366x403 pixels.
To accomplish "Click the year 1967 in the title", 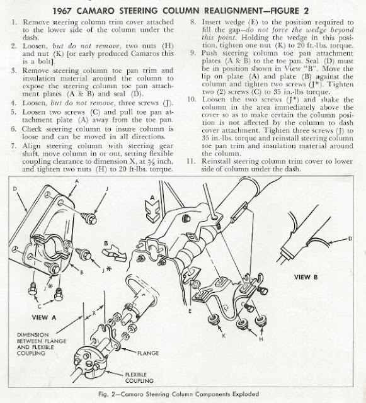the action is click(62, 11).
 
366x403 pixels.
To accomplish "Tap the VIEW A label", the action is click(43, 317).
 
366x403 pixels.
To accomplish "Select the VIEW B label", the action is click(306, 277).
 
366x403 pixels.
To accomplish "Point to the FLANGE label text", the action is click(148, 353).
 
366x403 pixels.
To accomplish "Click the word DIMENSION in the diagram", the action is click(33, 335).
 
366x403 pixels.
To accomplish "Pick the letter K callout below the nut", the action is click(224, 336).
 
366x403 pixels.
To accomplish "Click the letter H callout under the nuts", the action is click(261, 339).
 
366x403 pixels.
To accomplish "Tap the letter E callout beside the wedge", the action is click(190, 311).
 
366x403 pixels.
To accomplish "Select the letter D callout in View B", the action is click(350, 239).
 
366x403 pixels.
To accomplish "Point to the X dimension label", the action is click(94, 313).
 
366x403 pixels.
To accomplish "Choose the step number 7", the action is click(13, 146).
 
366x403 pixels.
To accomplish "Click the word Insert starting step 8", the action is click(211, 22).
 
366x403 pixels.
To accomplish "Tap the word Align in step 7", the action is click(31, 146).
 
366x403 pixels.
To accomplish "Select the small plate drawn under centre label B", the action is click(115, 253).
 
